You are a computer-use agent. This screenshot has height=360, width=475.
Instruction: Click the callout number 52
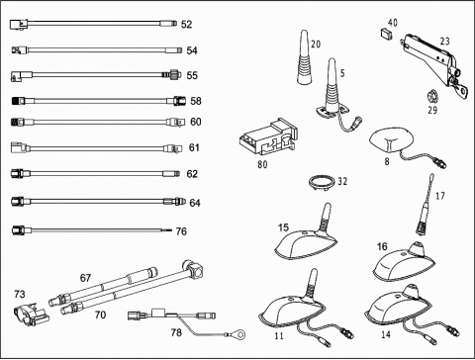coord(186,25)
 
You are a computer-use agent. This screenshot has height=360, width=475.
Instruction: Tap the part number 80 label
coord(262,164)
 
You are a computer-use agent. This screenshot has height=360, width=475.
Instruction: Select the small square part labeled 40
coord(385,34)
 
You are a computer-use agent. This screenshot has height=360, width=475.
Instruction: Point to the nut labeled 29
coord(431,97)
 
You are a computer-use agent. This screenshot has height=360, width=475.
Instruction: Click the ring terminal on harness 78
coord(240,334)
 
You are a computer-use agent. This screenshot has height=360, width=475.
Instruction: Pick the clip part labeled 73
coord(32,314)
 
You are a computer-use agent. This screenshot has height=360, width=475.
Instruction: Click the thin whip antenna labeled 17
coord(426,205)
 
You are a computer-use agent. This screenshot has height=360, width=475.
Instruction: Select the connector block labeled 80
coord(268,137)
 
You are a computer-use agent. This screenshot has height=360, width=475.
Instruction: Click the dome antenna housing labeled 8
coord(391,141)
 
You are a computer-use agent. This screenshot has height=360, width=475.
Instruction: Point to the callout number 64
coord(195,203)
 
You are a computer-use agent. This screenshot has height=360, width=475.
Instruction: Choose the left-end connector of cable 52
coord(19,25)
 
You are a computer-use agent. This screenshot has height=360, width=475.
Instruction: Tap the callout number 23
coord(445,42)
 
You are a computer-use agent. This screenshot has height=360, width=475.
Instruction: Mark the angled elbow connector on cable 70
coord(193,269)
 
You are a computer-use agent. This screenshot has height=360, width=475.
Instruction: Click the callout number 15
coord(283,227)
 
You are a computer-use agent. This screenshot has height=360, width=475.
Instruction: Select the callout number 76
coord(181,231)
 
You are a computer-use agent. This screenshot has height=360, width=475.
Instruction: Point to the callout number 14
coord(386,335)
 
